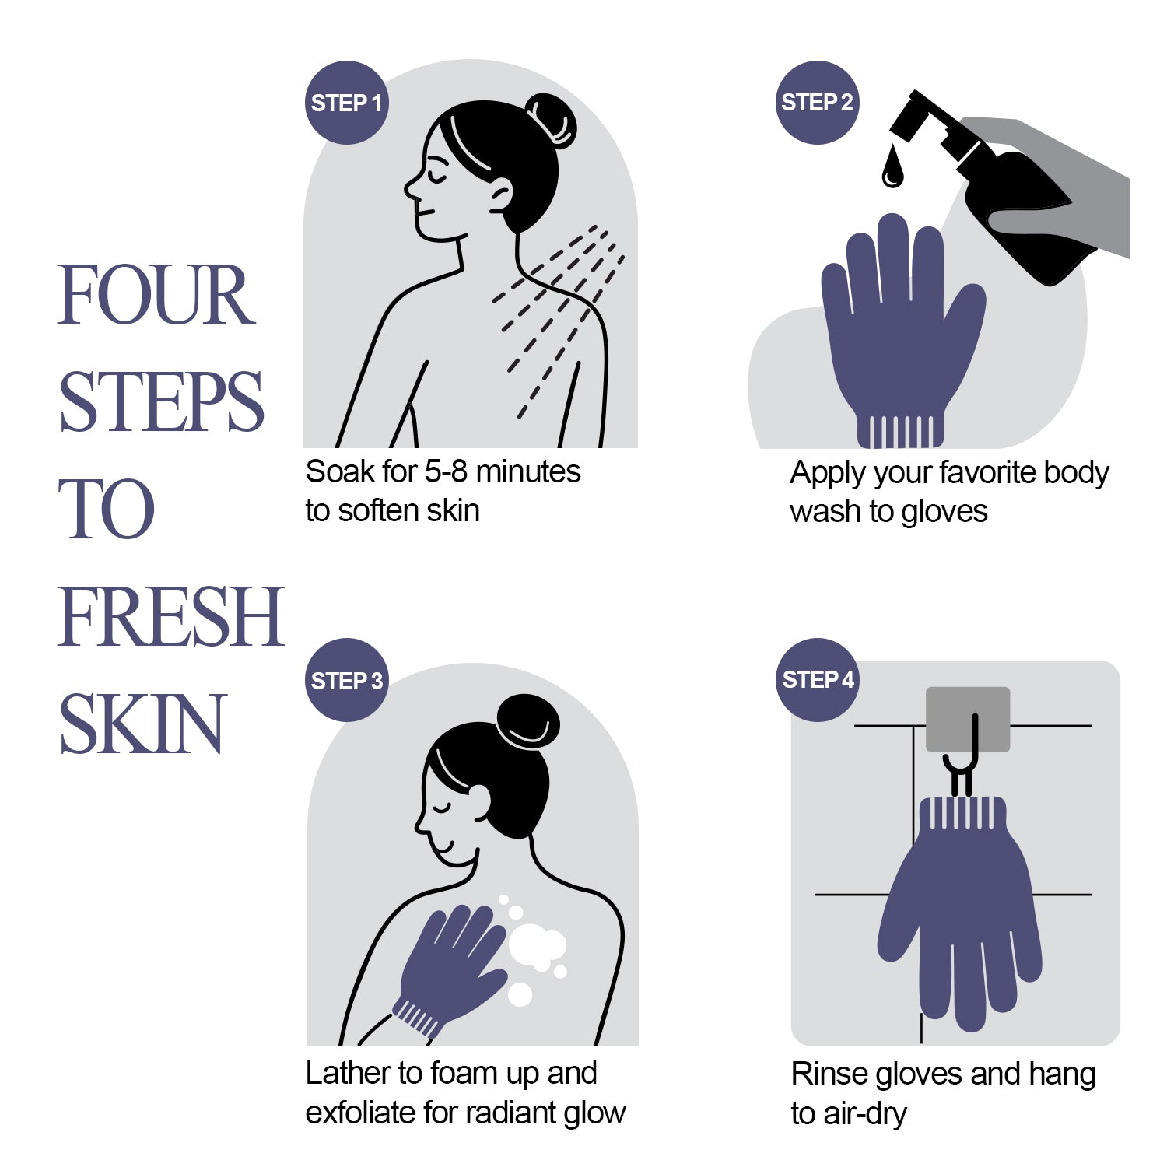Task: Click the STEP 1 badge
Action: click(346, 103)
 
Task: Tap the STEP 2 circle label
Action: click(817, 103)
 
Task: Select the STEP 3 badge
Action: click(347, 680)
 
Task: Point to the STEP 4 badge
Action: click(818, 679)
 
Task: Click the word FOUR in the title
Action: click(156, 295)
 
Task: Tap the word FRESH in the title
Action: click(170, 616)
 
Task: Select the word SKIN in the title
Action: click(142, 724)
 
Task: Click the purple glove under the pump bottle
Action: click(902, 342)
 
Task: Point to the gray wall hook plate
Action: click(968, 719)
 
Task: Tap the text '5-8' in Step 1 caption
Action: click(446, 471)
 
